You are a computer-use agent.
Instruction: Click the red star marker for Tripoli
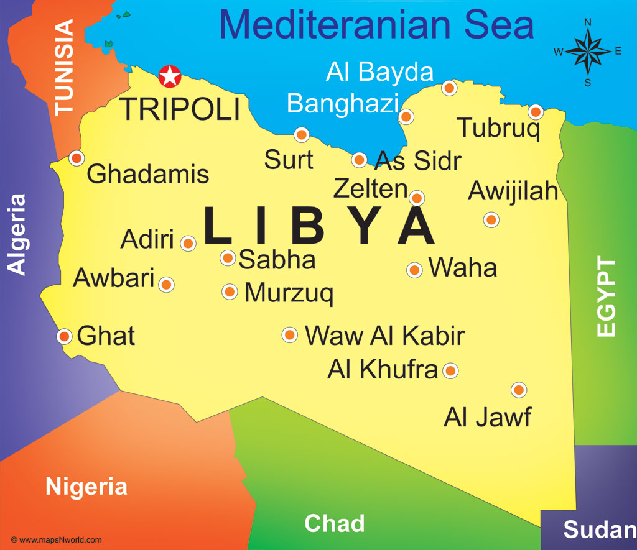pyautogui.click(x=169, y=76)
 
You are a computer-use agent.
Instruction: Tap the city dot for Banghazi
pyautogui.click(x=406, y=116)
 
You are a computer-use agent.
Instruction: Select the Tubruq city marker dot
pyautogui.click(x=536, y=112)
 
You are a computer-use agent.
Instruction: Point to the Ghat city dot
pyautogui.click(x=65, y=336)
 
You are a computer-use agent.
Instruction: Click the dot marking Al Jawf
pyautogui.click(x=519, y=390)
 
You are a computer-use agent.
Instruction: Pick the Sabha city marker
pyautogui.click(x=228, y=257)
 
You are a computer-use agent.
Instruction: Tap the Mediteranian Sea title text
pyautogui.click(x=376, y=25)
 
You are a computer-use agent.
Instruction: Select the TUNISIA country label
pyautogui.click(x=64, y=67)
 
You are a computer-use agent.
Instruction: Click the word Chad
pyautogui.click(x=334, y=523)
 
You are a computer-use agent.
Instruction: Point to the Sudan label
pyautogui.click(x=599, y=529)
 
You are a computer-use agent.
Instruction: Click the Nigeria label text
pyautogui.click(x=86, y=487)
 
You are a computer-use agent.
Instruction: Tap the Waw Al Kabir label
pyautogui.click(x=384, y=336)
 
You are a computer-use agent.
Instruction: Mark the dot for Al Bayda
pyautogui.click(x=449, y=88)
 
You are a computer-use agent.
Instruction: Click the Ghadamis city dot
pyautogui.click(x=77, y=158)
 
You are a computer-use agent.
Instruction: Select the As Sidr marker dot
pyautogui.click(x=359, y=160)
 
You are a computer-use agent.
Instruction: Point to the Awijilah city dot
pyautogui.click(x=491, y=219)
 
